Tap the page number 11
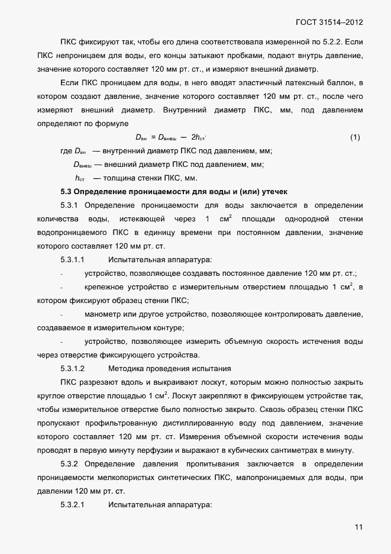[358, 528]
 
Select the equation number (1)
[355, 137]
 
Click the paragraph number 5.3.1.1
[73, 260]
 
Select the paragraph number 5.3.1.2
[73, 369]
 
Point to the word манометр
[104, 314]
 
